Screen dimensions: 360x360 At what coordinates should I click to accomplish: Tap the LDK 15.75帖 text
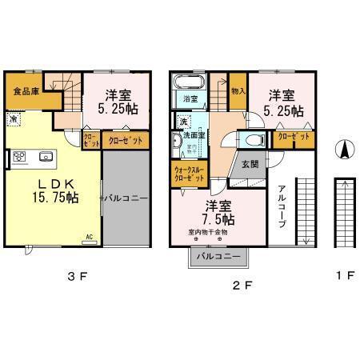point(54,190)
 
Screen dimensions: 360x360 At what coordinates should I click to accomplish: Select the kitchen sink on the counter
point(44,155)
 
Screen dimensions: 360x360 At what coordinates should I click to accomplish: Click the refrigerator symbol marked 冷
point(14,119)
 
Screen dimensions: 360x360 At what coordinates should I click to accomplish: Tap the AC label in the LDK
point(90,236)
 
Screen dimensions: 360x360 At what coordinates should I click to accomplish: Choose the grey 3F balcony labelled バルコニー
point(125,197)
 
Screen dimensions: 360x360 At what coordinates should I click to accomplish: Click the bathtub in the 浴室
point(190,82)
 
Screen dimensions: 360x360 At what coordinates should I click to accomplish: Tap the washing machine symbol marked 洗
point(182,122)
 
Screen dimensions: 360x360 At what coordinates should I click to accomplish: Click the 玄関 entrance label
point(249,164)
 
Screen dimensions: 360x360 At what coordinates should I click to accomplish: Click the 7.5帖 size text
point(218,218)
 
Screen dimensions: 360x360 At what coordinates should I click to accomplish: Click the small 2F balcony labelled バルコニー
point(218,256)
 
